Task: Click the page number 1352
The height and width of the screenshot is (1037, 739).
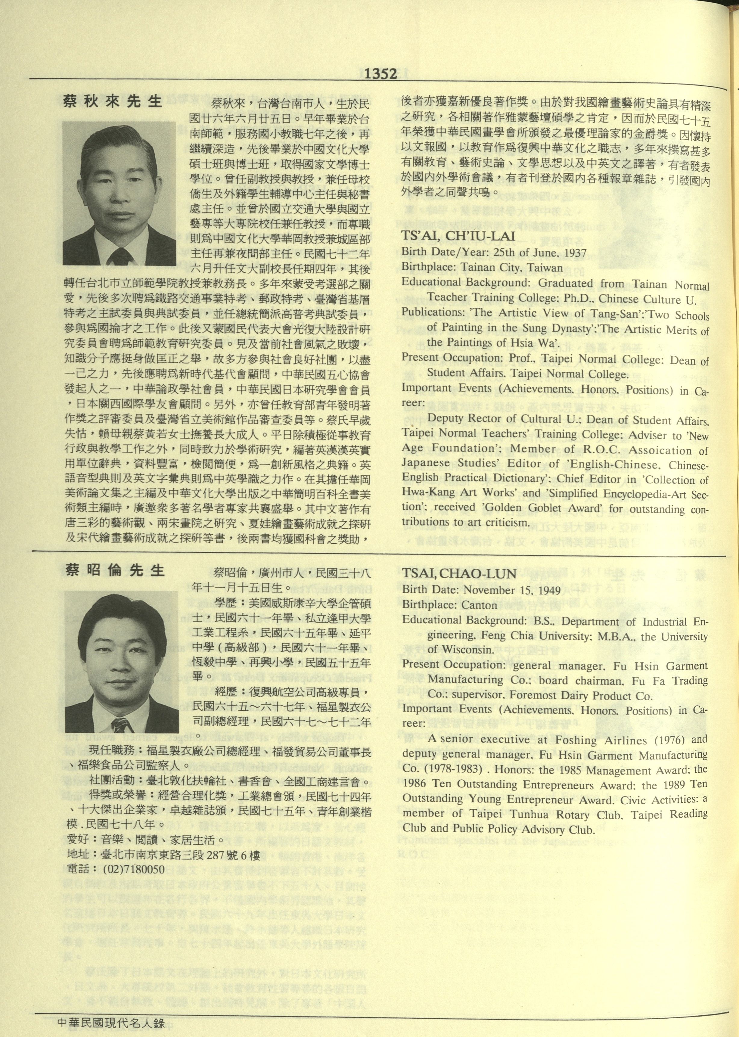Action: tap(380, 74)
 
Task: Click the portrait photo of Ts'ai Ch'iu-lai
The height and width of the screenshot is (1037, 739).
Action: tap(119, 193)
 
